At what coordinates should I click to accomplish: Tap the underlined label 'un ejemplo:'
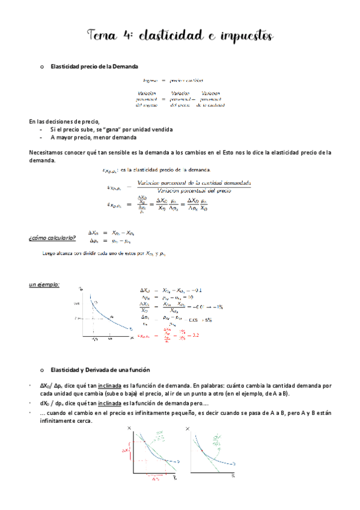[44, 284]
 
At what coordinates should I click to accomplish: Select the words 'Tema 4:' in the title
[109, 36]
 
